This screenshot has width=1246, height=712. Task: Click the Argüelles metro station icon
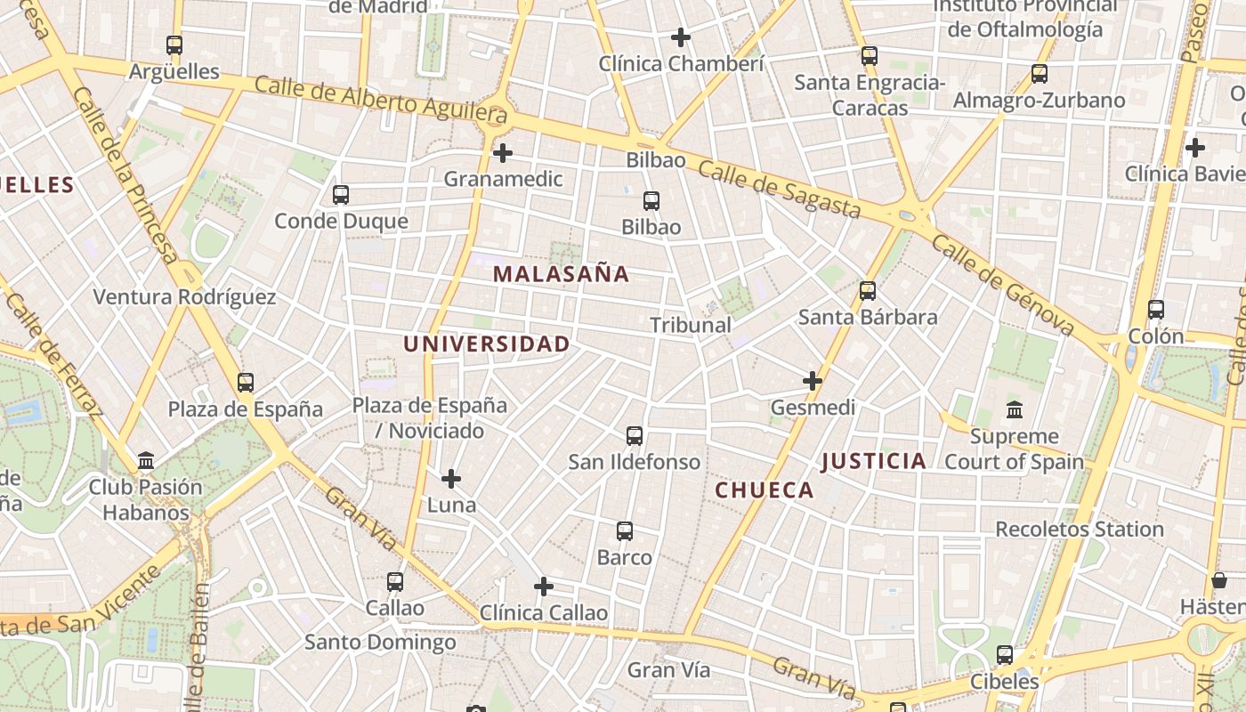click(174, 44)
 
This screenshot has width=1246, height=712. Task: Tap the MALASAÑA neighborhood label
click(561, 274)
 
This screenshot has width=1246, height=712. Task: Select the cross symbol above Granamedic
click(503, 153)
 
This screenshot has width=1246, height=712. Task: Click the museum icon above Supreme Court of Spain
click(1014, 410)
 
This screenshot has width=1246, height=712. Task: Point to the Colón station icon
click(1155, 310)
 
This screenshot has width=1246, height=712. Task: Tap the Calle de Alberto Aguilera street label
click(381, 99)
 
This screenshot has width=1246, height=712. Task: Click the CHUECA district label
click(765, 490)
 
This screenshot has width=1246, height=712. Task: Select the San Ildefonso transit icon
click(635, 436)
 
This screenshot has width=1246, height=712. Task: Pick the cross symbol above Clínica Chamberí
click(681, 37)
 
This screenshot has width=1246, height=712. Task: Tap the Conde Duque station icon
click(340, 195)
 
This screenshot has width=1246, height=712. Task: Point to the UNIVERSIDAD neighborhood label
click(486, 344)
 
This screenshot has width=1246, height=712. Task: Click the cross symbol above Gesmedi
click(812, 381)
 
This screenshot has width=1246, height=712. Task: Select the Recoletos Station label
click(1079, 530)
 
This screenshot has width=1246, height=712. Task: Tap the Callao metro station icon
click(395, 582)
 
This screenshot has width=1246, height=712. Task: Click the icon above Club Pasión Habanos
click(146, 461)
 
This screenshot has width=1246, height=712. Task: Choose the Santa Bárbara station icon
click(867, 291)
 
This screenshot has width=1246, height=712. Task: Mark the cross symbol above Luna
click(451, 479)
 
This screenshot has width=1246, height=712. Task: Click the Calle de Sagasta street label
click(779, 190)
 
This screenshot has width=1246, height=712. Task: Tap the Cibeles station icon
click(1005, 655)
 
